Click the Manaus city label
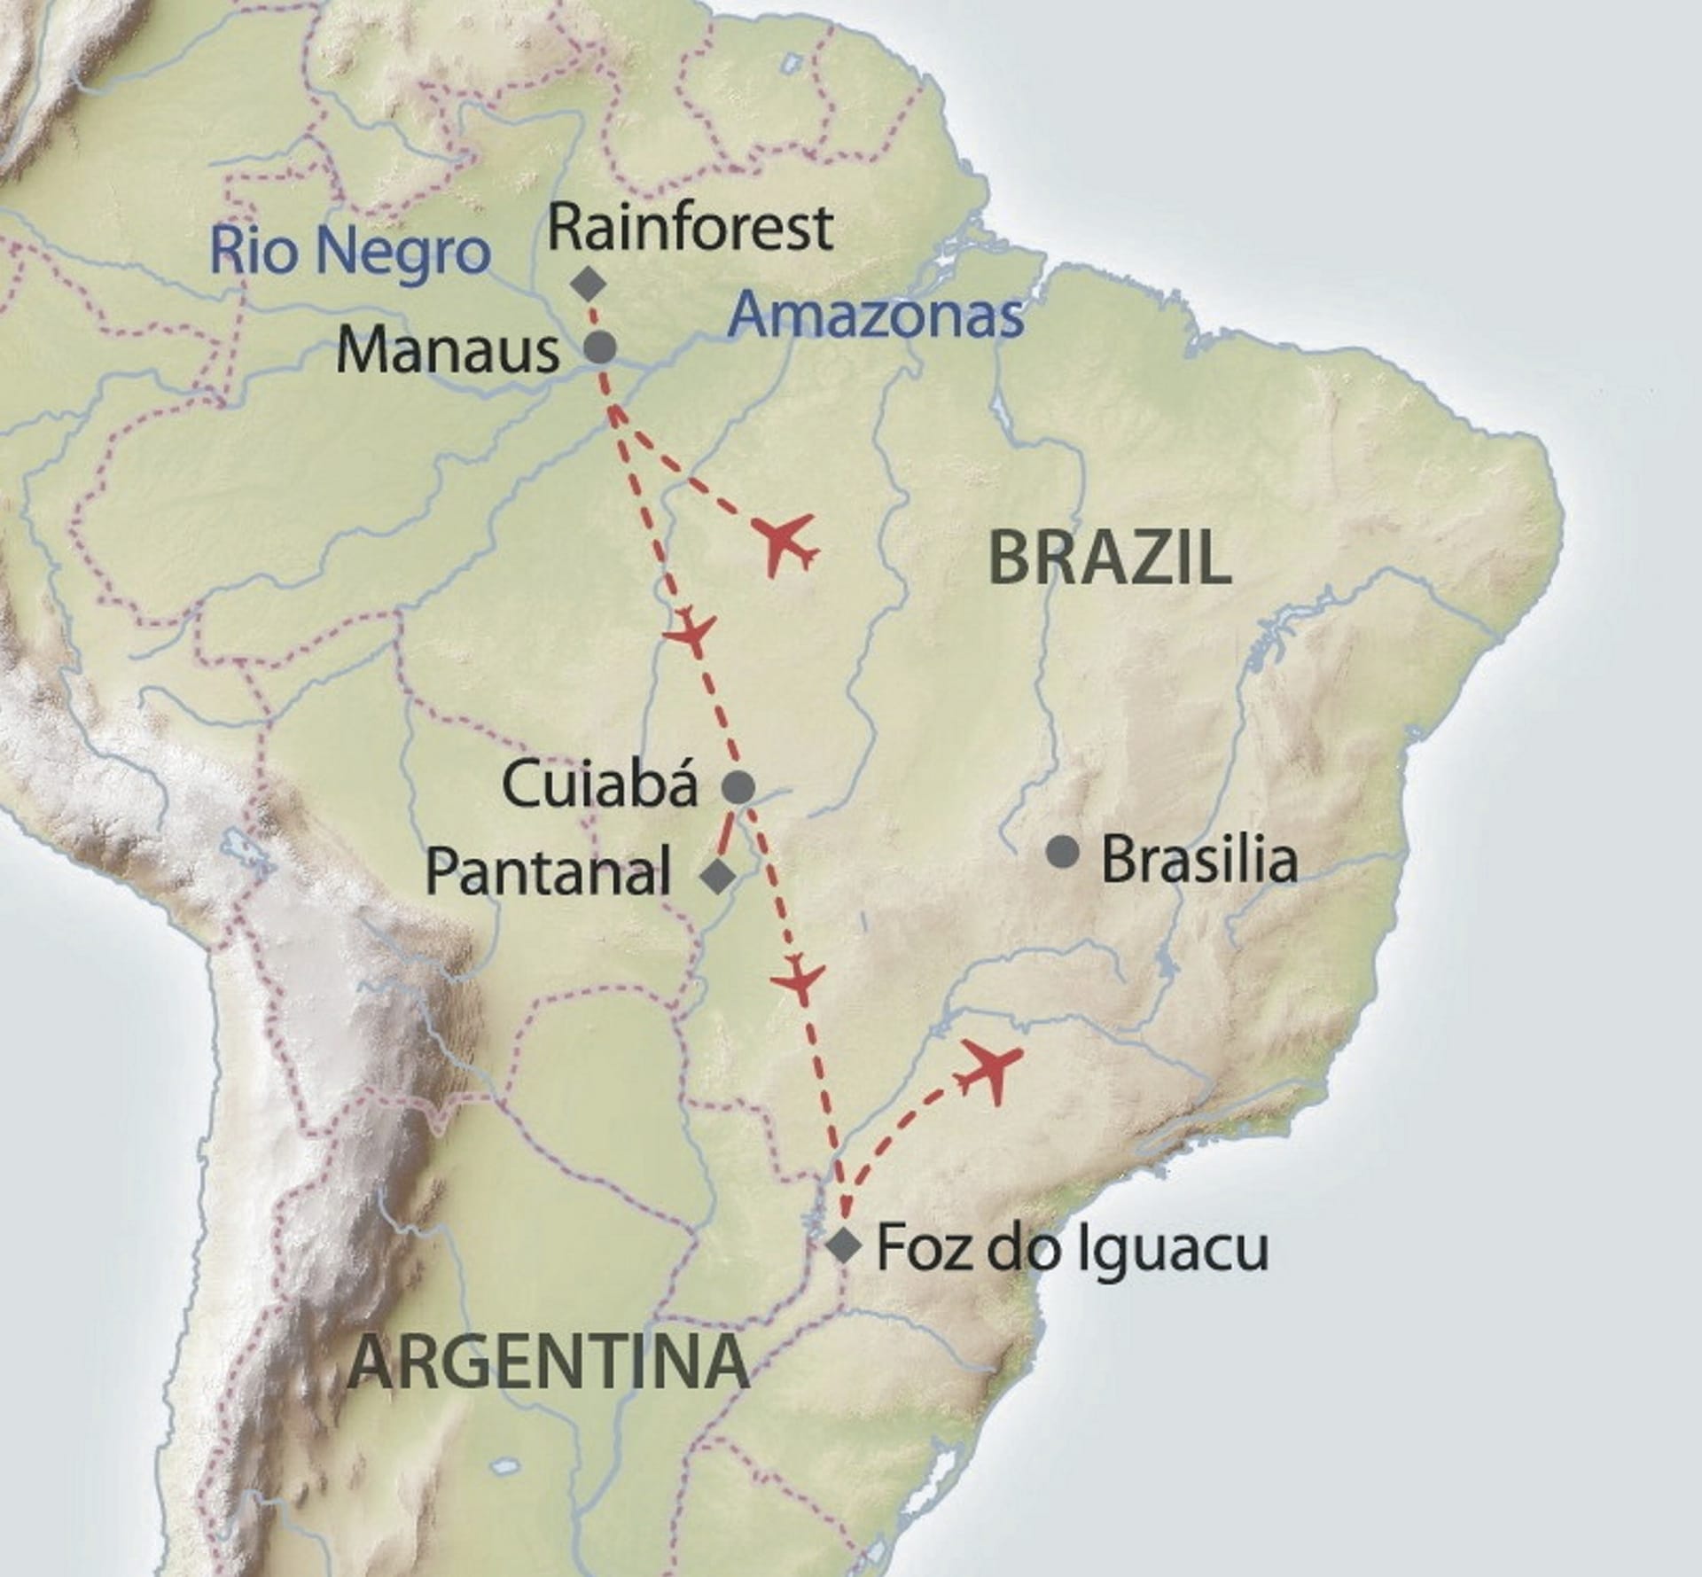click(x=448, y=351)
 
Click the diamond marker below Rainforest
click(x=588, y=285)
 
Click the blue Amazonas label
click(x=876, y=314)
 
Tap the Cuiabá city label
click(x=600, y=785)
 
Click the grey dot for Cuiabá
click(x=739, y=786)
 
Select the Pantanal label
click(x=548, y=872)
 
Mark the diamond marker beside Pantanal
click(x=718, y=876)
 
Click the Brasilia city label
click(x=1198, y=859)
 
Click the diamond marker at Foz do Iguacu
click(x=843, y=1245)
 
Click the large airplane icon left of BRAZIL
click(x=785, y=543)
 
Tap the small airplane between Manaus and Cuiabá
click(x=691, y=630)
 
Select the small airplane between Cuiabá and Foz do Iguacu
click(x=800, y=979)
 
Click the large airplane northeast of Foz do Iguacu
click(x=989, y=1069)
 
